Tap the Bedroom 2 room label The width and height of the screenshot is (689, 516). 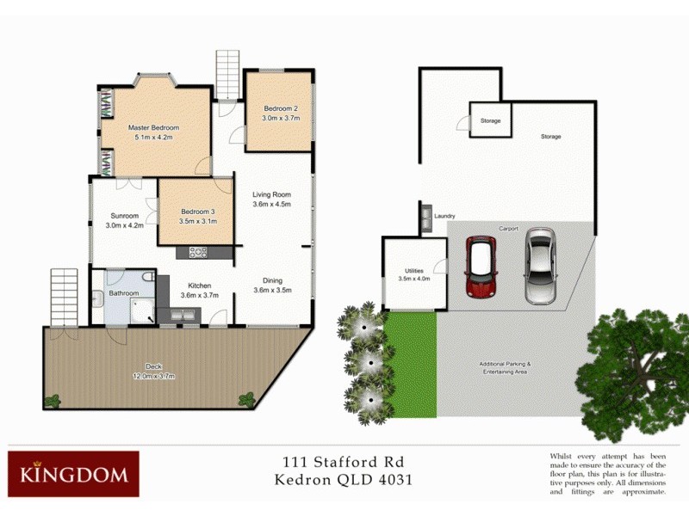(281, 108)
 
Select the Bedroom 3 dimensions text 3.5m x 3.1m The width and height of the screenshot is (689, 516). (198, 221)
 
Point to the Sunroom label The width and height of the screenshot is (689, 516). (124, 216)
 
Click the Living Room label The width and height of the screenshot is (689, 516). (271, 194)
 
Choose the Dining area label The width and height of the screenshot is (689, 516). (271, 280)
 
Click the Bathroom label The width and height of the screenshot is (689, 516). (124, 293)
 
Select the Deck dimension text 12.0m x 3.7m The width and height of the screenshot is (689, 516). (153, 377)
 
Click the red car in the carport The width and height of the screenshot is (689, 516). (480, 265)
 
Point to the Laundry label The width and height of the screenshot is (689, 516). (444, 216)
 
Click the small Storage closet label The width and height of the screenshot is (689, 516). (490, 121)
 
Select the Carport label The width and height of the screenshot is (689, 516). (508, 229)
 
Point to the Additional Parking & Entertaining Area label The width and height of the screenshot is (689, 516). (505, 367)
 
